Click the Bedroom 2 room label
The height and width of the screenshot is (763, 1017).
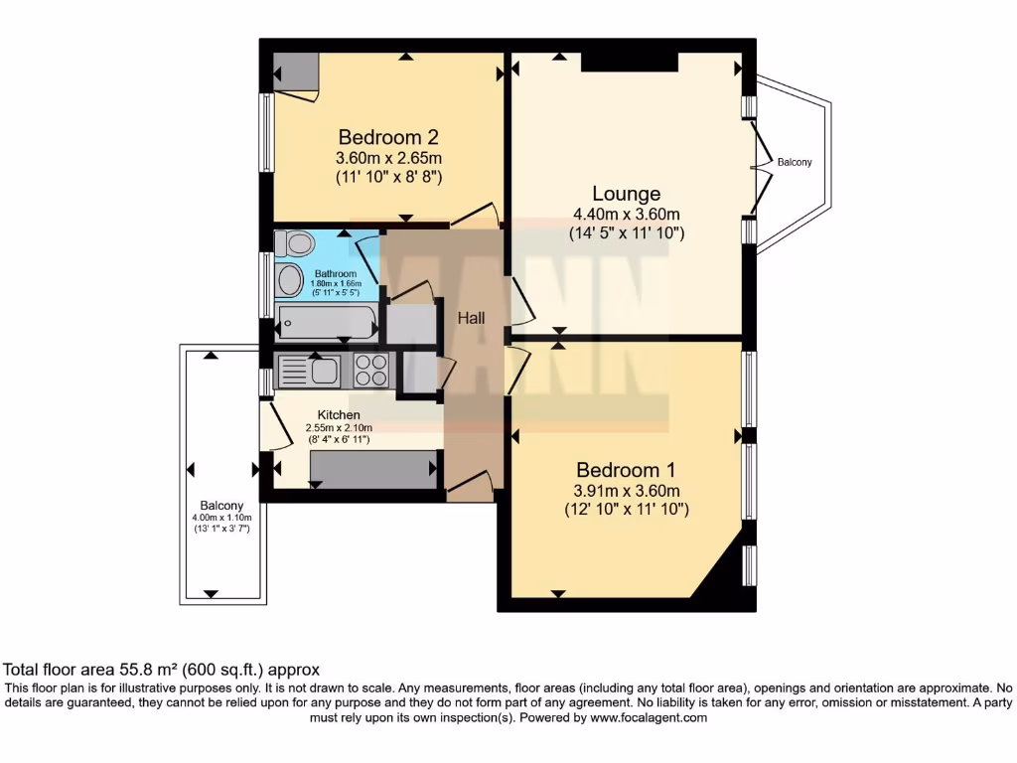click(x=388, y=137)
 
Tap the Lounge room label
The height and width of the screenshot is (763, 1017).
click(x=626, y=194)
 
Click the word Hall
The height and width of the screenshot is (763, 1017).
click(x=471, y=318)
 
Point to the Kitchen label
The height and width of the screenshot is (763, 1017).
click(x=339, y=414)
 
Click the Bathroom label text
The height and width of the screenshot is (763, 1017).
click(x=335, y=273)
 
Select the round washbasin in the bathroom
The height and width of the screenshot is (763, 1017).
click(x=290, y=280)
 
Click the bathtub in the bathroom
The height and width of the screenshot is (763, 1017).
click(x=327, y=322)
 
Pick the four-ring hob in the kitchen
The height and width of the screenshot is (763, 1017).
click(x=371, y=371)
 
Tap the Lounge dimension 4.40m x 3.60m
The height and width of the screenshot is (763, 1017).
click(x=626, y=215)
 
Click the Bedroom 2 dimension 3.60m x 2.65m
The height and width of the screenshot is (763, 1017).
click(x=388, y=158)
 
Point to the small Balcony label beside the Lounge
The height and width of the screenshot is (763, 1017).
click(x=794, y=162)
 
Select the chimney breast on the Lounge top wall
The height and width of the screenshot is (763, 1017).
click(x=629, y=62)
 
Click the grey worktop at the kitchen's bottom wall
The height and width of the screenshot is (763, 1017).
click(x=373, y=468)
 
